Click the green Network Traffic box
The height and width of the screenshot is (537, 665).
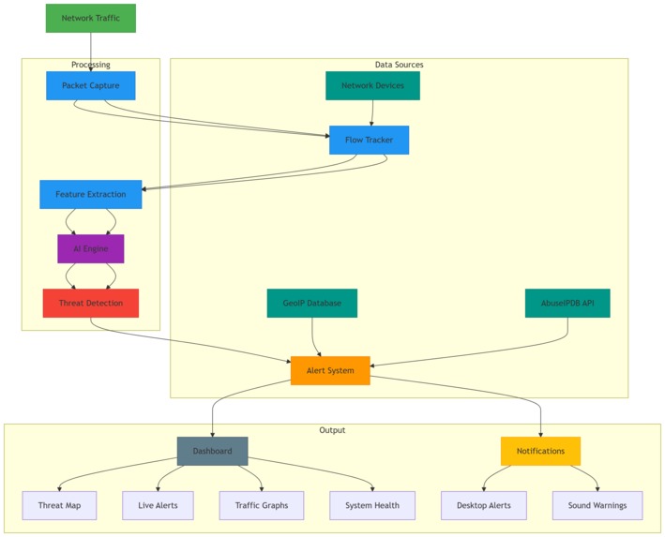coord(90,18)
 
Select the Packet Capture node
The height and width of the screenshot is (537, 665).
coord(90,85)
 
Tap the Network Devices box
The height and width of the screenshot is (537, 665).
coord(372,85)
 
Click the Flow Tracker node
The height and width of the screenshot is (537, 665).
coord(369,140)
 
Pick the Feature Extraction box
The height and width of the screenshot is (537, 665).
coord(90,194)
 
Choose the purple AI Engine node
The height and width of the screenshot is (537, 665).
coord(90,248)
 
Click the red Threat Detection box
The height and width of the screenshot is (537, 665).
coord(90,303)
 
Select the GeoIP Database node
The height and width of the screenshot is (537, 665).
coord(311,303)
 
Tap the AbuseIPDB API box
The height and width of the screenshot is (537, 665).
coord(567,303)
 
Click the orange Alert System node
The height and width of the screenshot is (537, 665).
coord(329,370)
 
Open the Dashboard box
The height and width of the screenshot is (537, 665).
coord(212,451)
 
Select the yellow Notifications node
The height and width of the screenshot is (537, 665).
coord(540,451)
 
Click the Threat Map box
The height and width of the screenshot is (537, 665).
coord(59,505)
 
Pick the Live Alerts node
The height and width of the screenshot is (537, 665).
coord(158,505)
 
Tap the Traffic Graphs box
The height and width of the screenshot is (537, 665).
coord(262,505)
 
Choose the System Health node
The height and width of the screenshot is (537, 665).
coord(371,505)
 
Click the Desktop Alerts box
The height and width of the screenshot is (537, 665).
coord(482,505)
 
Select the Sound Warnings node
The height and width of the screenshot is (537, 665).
coord(597,505)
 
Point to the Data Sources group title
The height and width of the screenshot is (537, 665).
coord(399,65)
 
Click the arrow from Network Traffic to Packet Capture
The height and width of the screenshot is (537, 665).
coord(90,52)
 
